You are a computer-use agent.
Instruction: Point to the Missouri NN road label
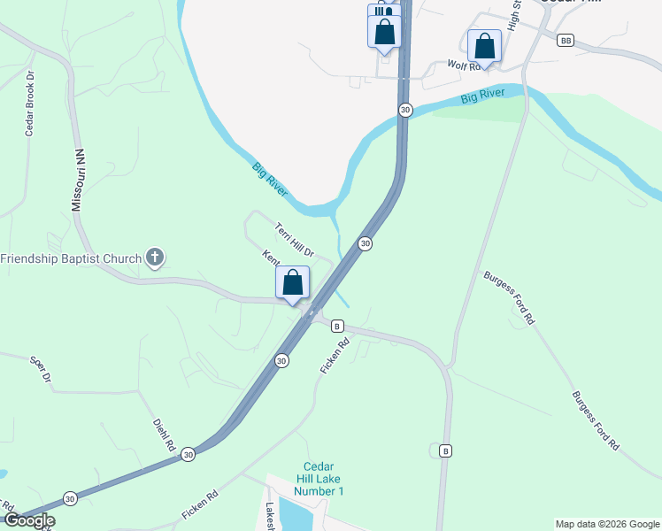78,180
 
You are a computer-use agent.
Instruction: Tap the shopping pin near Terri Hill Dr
293,283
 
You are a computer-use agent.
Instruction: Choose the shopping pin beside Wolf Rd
484,45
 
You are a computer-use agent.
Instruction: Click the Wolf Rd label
463,65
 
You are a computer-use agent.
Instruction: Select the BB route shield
566,40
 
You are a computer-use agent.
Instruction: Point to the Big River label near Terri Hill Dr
271,181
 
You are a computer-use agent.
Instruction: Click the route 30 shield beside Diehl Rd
189,453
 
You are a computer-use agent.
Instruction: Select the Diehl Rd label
164,435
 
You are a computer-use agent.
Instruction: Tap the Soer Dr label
40,369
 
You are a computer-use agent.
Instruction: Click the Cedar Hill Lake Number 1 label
323,479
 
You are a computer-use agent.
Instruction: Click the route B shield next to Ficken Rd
337,326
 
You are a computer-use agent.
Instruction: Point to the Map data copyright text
607,524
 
